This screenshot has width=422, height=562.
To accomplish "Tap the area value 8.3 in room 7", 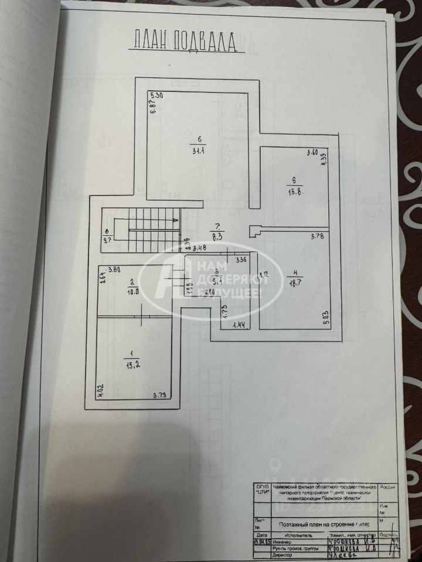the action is (217, 236).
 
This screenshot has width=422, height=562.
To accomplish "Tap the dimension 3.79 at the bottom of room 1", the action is (159, 395).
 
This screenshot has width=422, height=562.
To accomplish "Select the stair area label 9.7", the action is (107, 240).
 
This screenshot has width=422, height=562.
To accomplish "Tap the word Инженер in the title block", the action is (267, 542).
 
